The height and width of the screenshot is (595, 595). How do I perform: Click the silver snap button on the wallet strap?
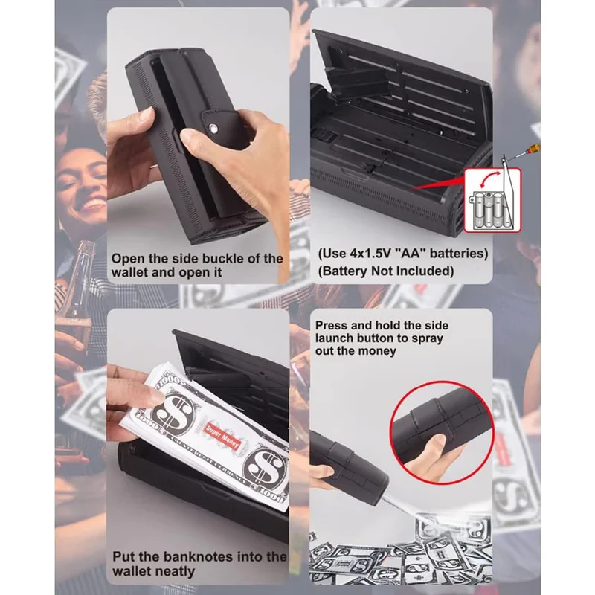[x=213, y=128]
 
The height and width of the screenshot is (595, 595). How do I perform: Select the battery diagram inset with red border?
[x=492, y=199]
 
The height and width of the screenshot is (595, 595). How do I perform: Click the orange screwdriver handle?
[x=533, y=148]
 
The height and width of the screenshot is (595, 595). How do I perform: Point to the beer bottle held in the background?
[x=77, y=289]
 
